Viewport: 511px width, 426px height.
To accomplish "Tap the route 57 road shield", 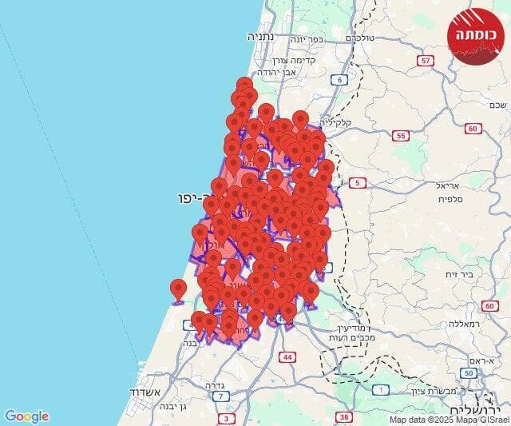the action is [426, 60].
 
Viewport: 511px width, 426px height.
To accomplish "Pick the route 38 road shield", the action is [345, 416].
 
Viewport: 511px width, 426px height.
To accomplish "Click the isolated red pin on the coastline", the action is [178, 290].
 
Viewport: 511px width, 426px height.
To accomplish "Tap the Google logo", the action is [26, 416].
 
